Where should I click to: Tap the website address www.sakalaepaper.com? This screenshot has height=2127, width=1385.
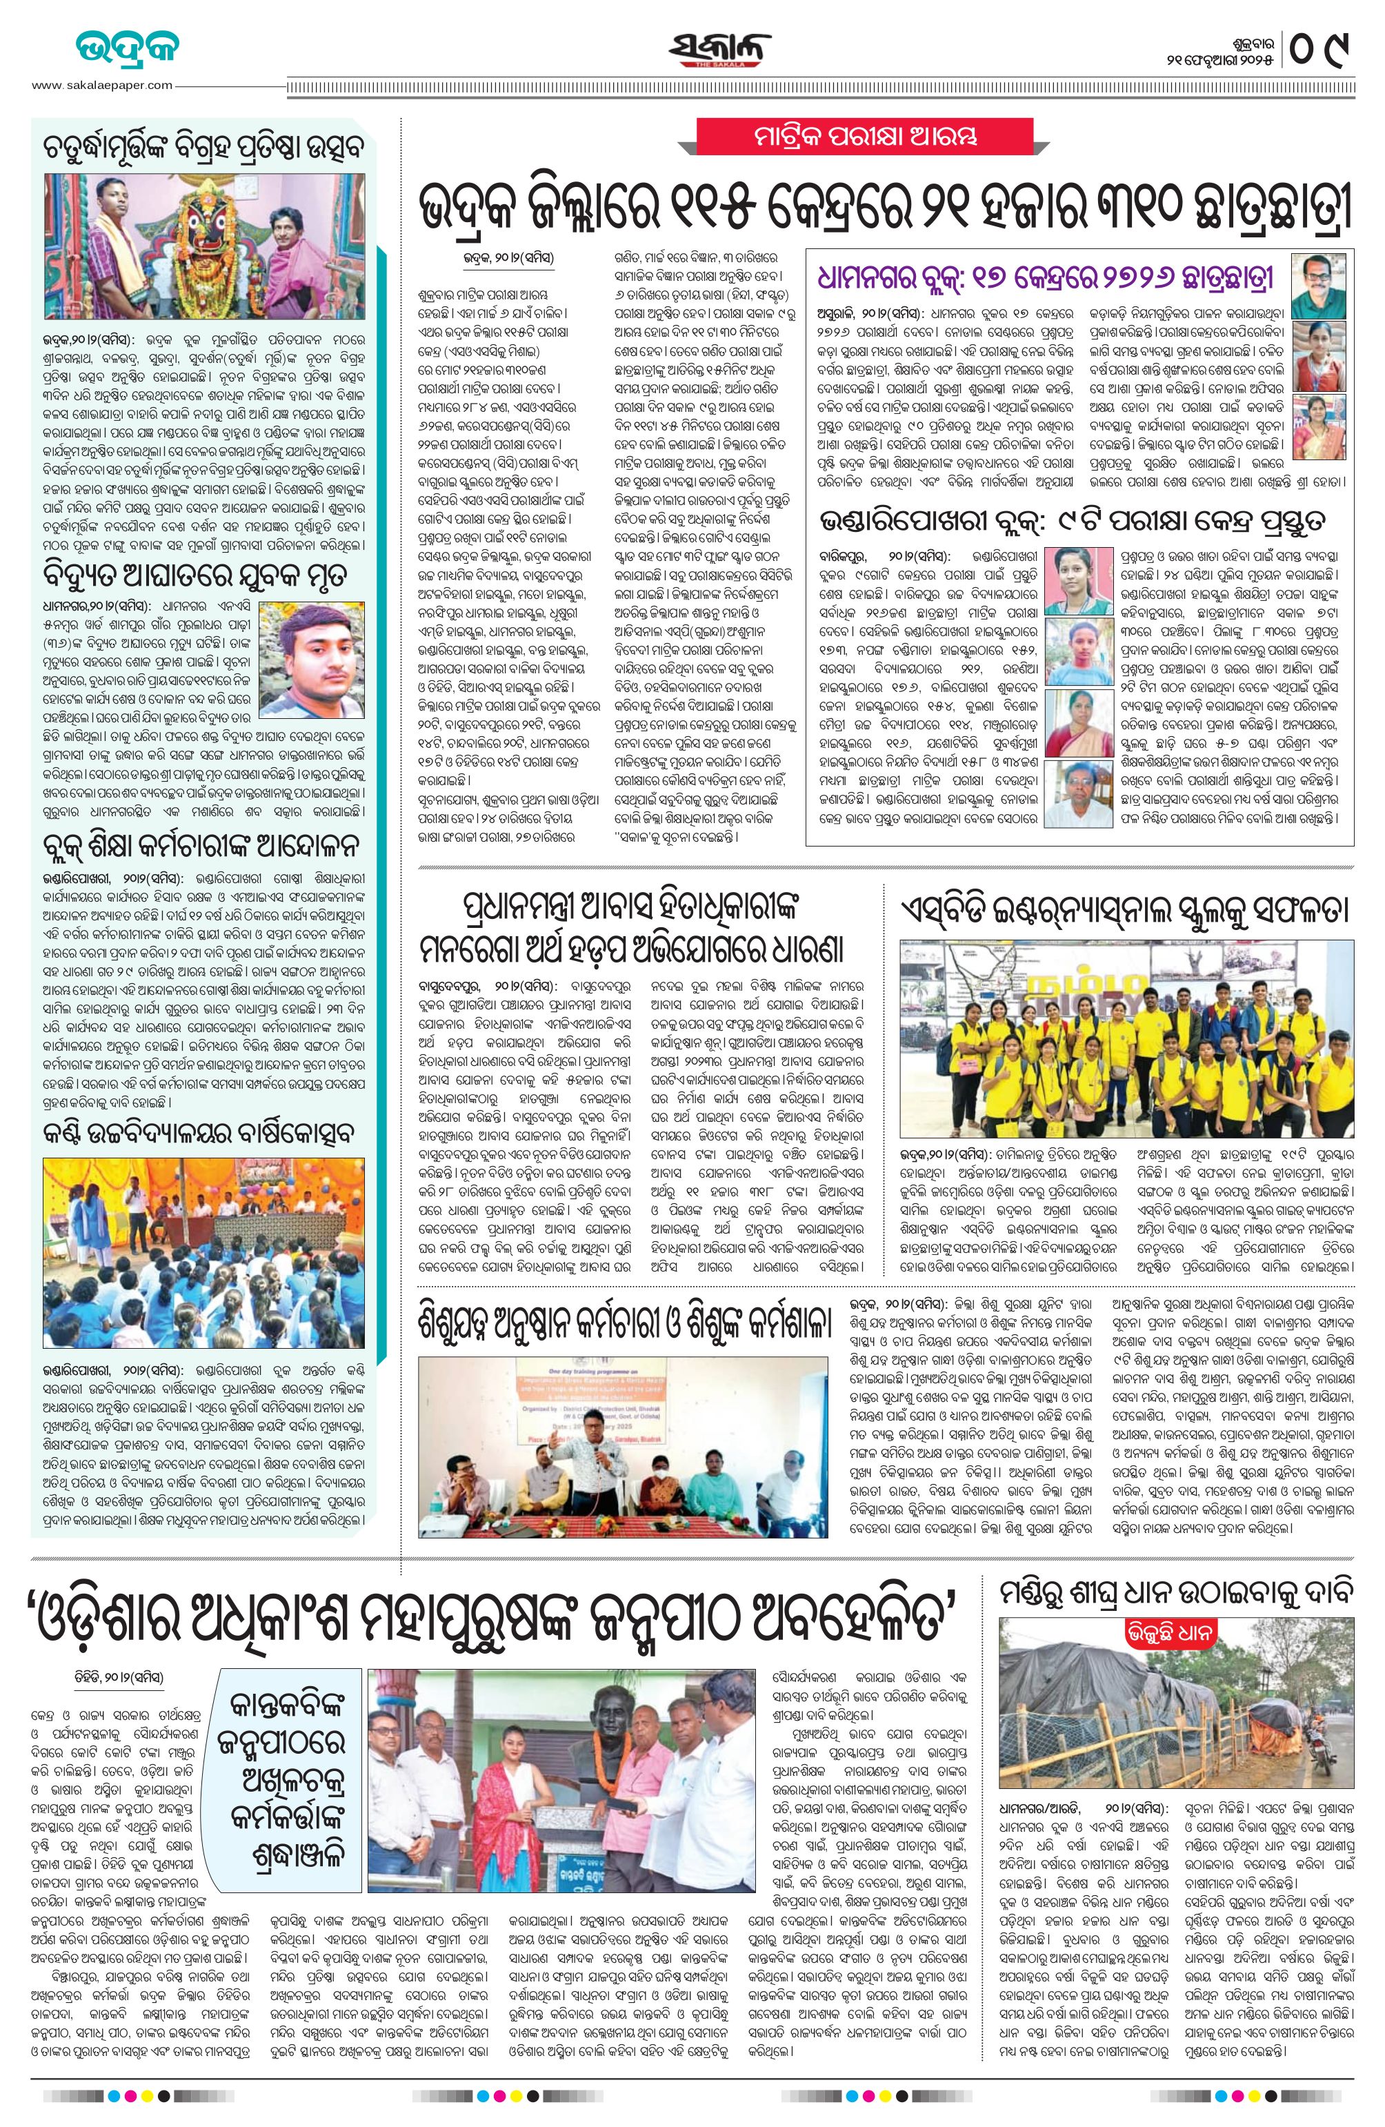pos(102,86)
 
